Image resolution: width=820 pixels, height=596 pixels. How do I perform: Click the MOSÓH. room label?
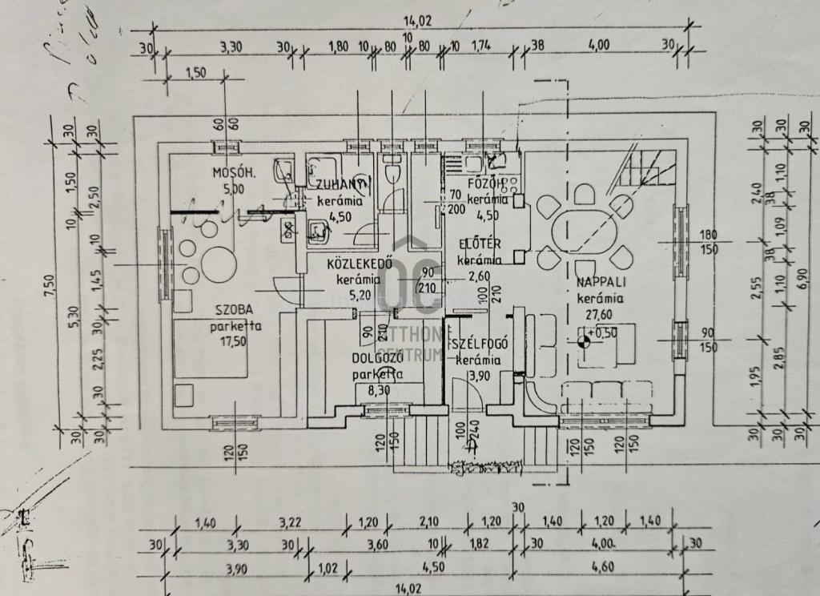pyautogui.click(x=233, y=173)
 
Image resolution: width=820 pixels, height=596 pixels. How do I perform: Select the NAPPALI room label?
pyautogui.click(x=605, y=283)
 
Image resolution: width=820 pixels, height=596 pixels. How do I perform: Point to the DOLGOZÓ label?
pyautogui.click(x=377, y=358)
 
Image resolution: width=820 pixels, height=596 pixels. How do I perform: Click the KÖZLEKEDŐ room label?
pyautogui.click(x=358, y=264)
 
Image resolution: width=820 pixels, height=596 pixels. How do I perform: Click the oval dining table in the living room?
pyautogui.click(x=584, y=231)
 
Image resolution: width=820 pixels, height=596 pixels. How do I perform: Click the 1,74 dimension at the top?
pyautogui.click(x=483, y=46)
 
